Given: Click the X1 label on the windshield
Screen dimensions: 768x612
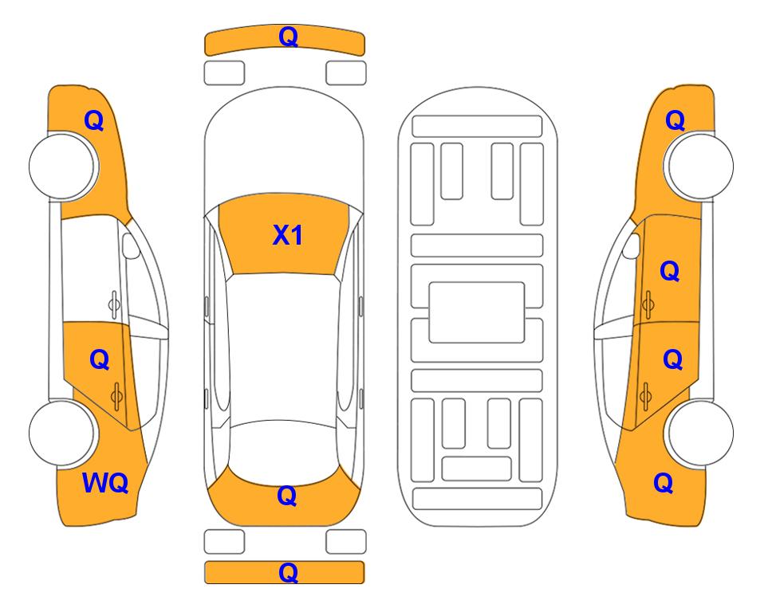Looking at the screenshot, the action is pos(288,235).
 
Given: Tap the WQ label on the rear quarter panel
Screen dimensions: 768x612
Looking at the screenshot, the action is pos(105,483).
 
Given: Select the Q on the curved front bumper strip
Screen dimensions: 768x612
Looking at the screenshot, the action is pos(288,37).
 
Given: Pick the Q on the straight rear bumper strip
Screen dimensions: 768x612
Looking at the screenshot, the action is pos(288,572).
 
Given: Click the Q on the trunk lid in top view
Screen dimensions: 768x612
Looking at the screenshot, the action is pos(287,496).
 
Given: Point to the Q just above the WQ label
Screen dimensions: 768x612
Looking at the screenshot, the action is pos(100,360).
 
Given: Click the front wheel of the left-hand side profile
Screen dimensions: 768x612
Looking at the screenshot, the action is pos(62,167).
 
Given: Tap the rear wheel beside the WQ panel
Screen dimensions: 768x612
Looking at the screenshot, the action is pos(62,433).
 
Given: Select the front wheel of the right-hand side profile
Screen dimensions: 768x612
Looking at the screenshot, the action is pos(700,167).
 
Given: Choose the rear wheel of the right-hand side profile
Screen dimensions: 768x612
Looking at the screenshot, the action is pos(700,433).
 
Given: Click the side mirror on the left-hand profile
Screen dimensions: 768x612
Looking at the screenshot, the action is pos(131,245).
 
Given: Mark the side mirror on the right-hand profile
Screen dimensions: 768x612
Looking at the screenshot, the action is pos(632,245).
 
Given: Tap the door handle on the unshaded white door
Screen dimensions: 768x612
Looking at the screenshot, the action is pos(114,304).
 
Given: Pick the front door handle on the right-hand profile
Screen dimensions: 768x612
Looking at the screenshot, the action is pos(648,304).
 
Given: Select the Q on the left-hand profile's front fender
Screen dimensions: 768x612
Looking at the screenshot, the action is pos(94,120).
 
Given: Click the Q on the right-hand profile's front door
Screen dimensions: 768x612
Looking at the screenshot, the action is pos(670,271).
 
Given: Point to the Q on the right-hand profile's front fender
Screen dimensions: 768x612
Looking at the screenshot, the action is pos(675,120).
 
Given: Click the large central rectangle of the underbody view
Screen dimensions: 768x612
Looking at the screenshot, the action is pos(477,312).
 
